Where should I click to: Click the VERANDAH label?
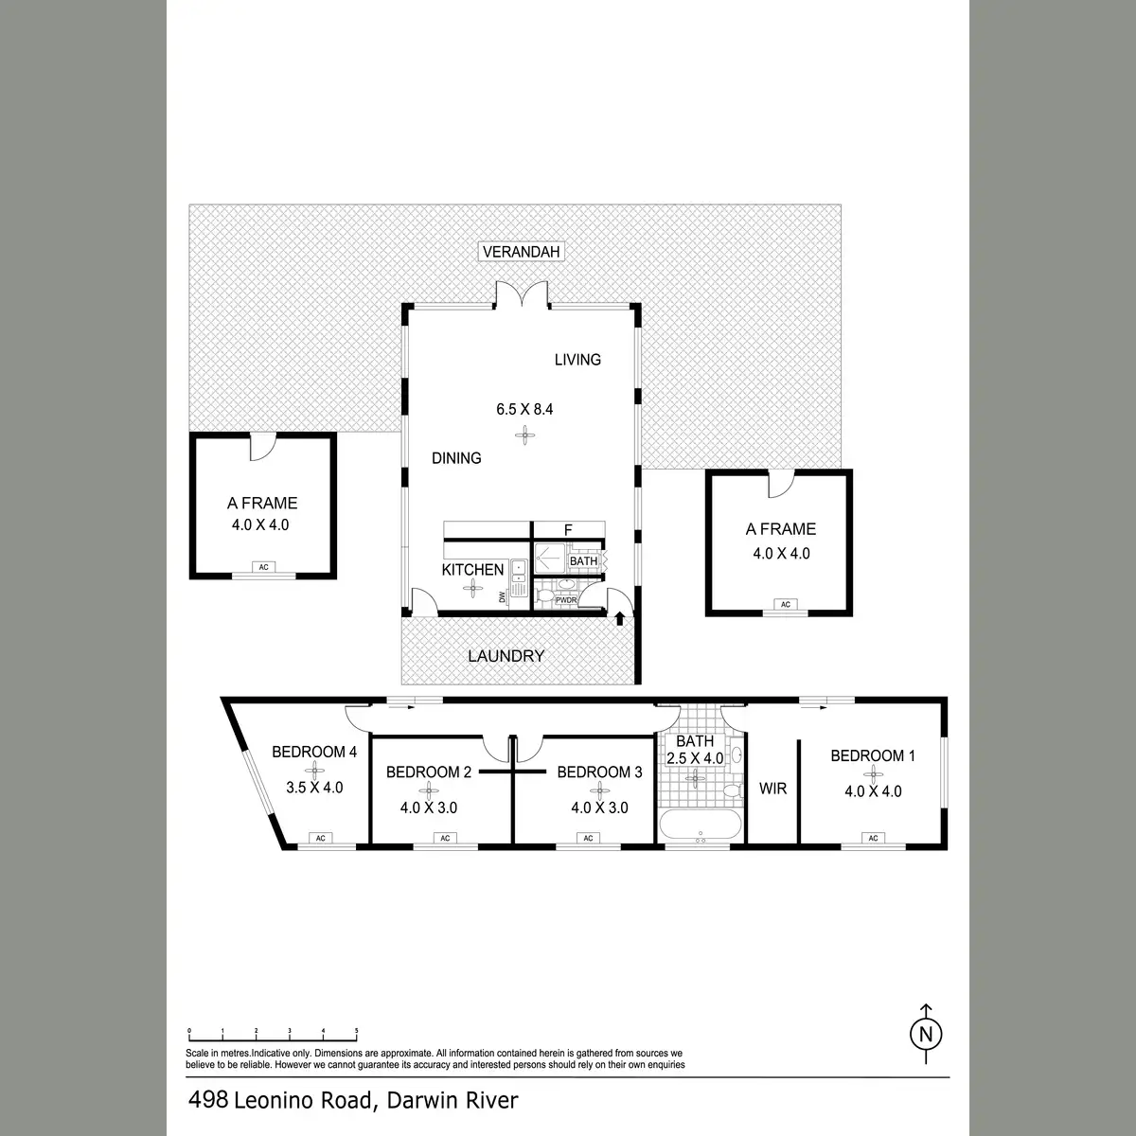[x=521, y=252]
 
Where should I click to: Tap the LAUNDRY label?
[x=506, y=656]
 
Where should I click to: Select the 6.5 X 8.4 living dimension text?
[x=524, y=409]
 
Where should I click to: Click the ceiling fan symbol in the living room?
[x=524, y=436]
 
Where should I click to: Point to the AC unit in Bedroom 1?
[x=873, y=838]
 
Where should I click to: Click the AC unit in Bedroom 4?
[x=320, y=838]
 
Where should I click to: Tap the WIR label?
[x=772, y=789]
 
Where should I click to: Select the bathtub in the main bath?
[x=700, y=825]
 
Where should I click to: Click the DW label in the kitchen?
[x=503, y=597]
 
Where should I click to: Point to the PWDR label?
[x=566, y=600]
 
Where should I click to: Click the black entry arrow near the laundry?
[x=619, y=618]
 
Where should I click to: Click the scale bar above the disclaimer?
[x=273, y=1052]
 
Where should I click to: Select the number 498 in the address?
[x=208, y=1099]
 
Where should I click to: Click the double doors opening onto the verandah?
[x=521, y=293]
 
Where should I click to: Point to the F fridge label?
[x=568, y=530]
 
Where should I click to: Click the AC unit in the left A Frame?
[x=263, y=567]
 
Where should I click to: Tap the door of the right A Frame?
[x=782, y=485]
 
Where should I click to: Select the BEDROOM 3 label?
[x=599, y=772]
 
